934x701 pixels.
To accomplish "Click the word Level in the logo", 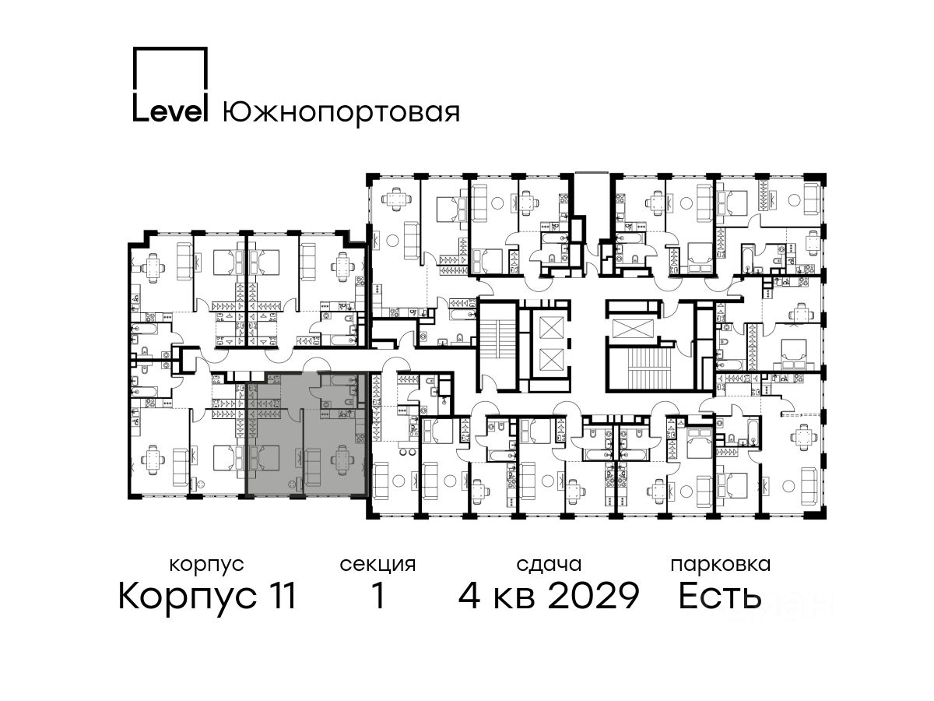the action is [170, 111].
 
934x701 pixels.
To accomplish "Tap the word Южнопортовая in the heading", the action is [341, 112].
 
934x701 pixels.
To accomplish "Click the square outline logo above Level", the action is [170, 72].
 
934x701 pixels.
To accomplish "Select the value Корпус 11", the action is [207, 597].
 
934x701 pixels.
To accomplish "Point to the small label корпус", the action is [206, 565].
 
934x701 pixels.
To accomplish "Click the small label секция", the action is [377, 565].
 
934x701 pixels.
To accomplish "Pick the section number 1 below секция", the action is [378, 596].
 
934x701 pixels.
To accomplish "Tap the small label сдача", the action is [549, 565].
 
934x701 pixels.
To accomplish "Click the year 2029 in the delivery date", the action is [593, 596].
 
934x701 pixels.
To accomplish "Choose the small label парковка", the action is [721, 565].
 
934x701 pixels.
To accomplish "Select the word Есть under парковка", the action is [719, 596].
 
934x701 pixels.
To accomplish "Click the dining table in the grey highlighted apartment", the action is [342, 460].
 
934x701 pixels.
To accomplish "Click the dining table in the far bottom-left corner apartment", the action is [153, 460].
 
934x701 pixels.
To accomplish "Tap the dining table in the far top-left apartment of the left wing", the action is [153, 268].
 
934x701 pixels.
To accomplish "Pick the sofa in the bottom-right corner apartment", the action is [809, 485].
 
